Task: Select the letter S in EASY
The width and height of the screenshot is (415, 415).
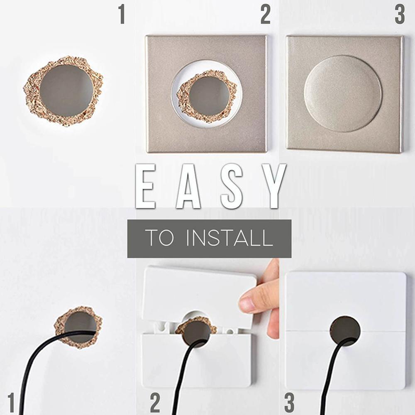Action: click(232, 186)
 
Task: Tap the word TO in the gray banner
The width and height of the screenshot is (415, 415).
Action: click(159, 239)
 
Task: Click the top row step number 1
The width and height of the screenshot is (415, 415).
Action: click(121, 15)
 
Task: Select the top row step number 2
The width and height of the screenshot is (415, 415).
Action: click(265, 15)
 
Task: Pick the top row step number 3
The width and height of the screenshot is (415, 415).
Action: click(399, 15)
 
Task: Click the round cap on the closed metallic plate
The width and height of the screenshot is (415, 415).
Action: click(343, 94)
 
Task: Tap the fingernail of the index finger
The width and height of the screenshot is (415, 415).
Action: click(247, 305)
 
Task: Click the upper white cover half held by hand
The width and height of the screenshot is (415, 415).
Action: click(195, 290)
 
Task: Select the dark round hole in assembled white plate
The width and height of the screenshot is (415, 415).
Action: click(345, 330)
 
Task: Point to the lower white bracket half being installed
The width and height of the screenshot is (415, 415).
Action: click(166, 361)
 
